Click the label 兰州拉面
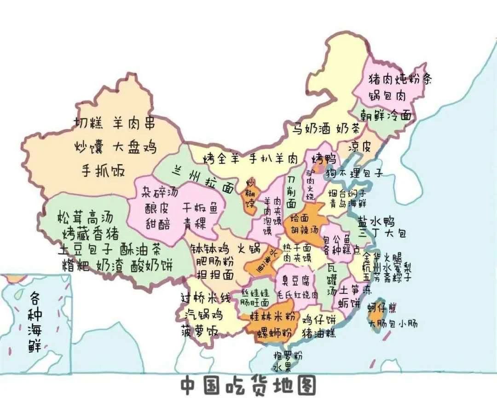click(202, 180)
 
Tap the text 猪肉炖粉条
click(400, 80)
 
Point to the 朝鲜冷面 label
click(386, 115)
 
